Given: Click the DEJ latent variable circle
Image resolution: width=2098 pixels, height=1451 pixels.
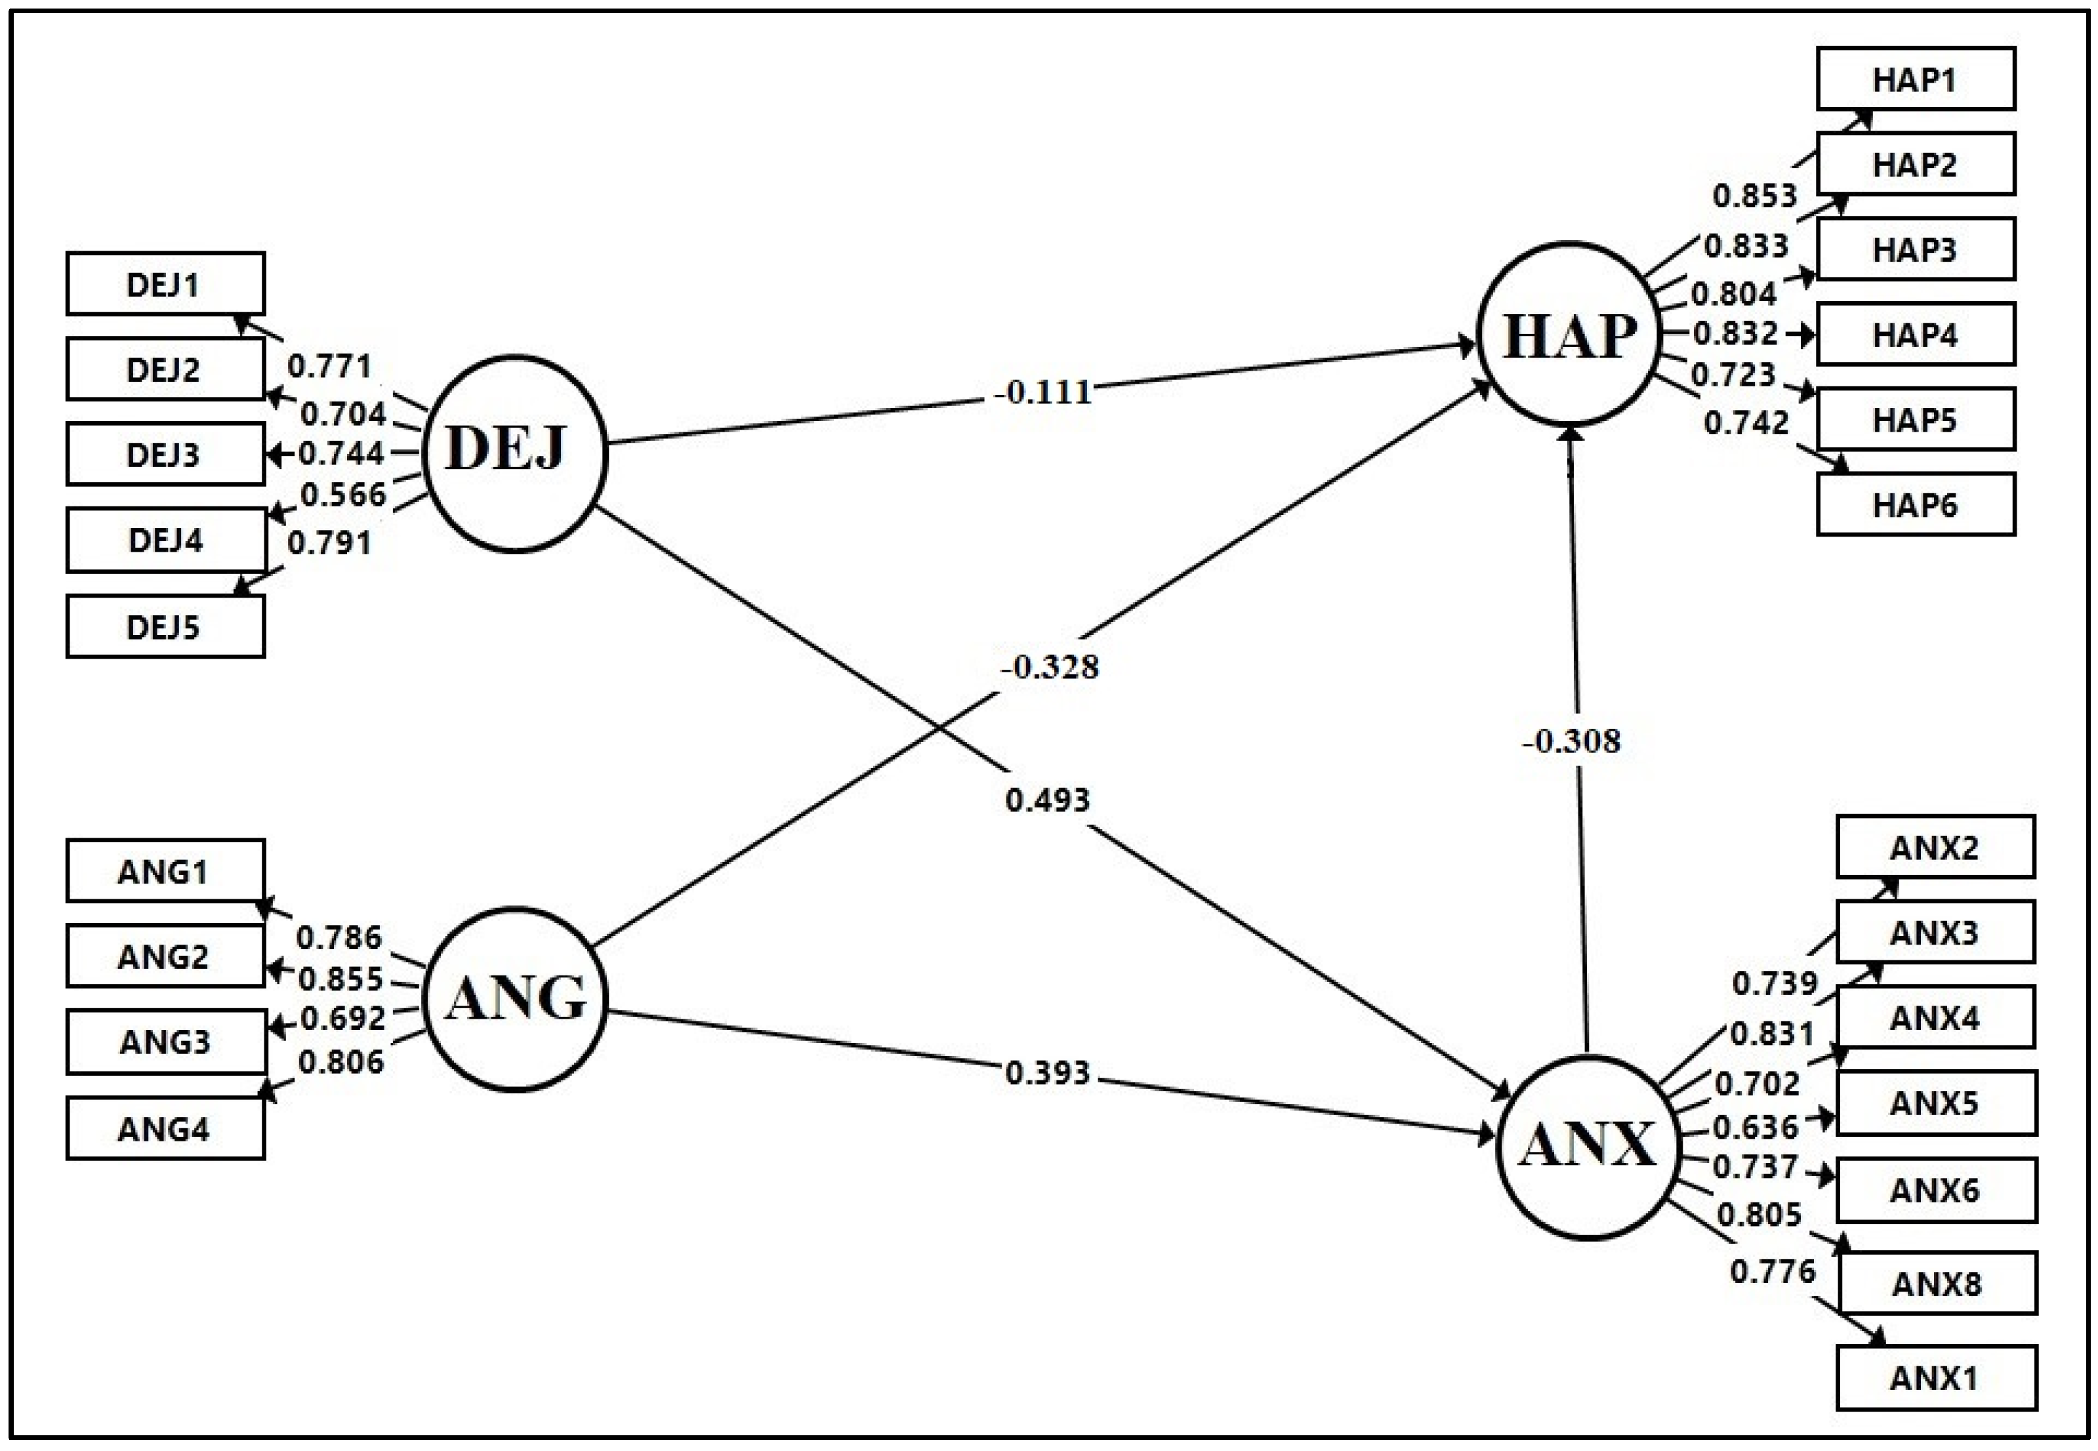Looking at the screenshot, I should click(x=514, y=453).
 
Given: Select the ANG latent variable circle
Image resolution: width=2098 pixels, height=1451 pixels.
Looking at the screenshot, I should click(x=514, y=998).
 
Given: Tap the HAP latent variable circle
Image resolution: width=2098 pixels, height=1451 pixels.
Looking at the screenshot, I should click(x=1569, y=334).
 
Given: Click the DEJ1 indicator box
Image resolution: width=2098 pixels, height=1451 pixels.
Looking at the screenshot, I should click(x=165, y=283).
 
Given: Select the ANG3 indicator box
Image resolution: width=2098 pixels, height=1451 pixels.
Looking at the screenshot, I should click(x=165, y=1041).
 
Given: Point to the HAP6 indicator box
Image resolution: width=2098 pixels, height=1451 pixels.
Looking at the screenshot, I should click(x=1915, y=504).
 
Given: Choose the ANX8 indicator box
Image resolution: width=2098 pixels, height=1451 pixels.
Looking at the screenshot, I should click(x=1936, y=1283).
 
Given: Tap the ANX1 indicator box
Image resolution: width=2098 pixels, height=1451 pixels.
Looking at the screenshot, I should click(x=1936, y=1378).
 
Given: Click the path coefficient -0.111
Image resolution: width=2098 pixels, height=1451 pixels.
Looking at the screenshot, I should click(x=1042, y=392).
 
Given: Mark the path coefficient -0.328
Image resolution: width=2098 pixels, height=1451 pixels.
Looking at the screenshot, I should click(x=1050, y=667).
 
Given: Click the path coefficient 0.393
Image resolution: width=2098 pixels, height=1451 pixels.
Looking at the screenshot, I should click(x=1047, y=1073).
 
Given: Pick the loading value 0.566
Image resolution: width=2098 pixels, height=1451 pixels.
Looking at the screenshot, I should click(x=342, y=495).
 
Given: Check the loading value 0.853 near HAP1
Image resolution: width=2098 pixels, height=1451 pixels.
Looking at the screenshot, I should click(x=1754, y=195).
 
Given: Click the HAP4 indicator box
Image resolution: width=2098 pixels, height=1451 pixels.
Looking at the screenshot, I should click(x=1915, y=335).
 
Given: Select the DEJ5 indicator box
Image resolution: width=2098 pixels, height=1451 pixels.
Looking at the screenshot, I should click(x=165, y=626).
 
